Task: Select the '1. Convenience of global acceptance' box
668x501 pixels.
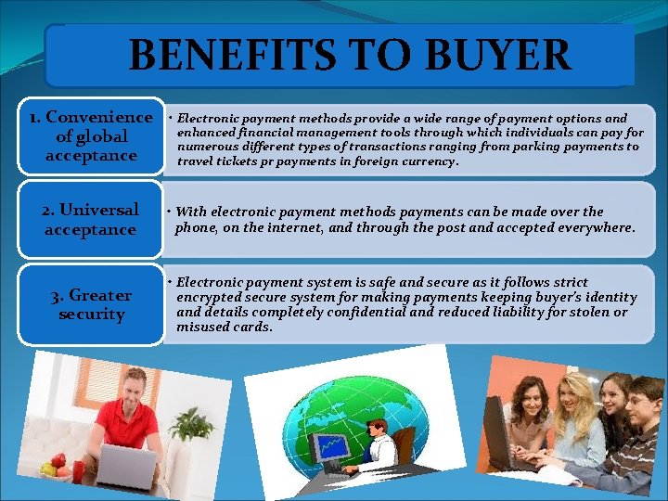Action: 90,135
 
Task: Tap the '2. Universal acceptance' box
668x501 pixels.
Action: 90,219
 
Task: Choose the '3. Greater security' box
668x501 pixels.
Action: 91,304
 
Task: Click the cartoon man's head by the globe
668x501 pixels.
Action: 376,429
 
